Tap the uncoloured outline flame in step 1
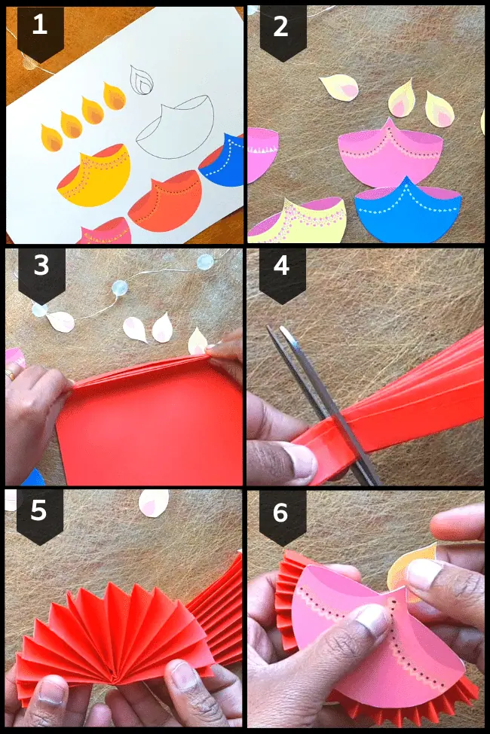pos(140,79)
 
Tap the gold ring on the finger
pos(10,373)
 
